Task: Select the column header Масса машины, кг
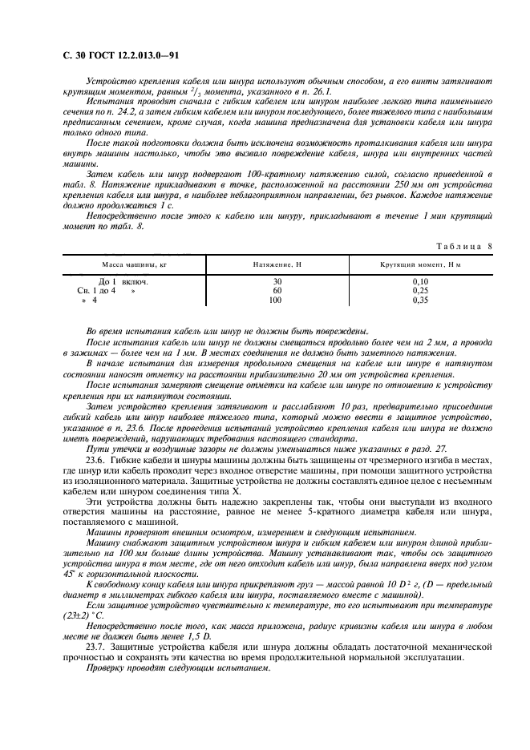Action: click(134, 264)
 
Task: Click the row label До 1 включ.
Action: click(123, 282)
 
